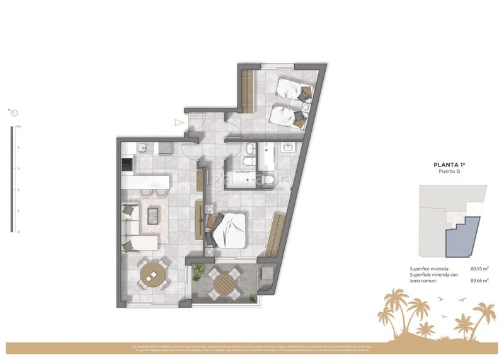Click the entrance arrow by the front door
tap(180, 124)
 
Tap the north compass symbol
tap(14, 113)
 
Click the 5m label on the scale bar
tap(19, 127)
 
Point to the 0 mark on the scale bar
tap(18, 231)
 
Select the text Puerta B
tap(449, 171)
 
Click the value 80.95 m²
tap(479, 269)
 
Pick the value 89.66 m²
tap(479, 281)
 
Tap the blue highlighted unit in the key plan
tap(462, 238)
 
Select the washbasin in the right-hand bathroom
tap(289, 149)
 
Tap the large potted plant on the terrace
tap(198, 272)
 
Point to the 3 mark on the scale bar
tap(18, 168)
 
